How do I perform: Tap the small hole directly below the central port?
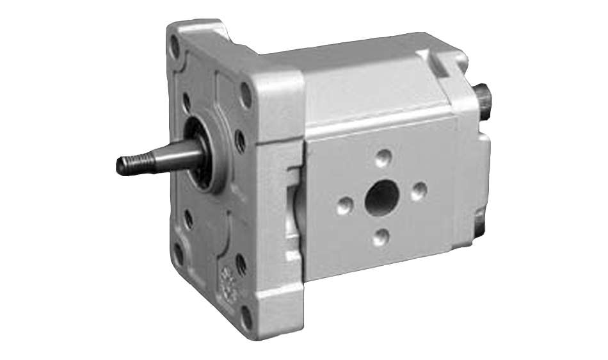click(381, 237)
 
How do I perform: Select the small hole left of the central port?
click(344, 206)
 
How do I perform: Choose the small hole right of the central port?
click(419, 190)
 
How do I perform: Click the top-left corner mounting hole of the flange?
click(174, 46)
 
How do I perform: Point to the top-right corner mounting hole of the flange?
click(245, 94)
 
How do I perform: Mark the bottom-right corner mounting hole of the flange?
click(246, 316)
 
